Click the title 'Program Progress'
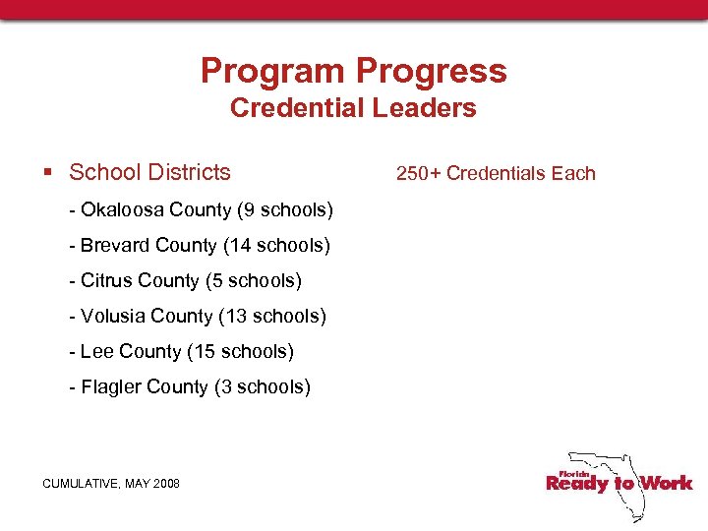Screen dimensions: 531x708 click(x=353, y=71)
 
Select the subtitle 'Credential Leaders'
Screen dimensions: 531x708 click(x=353, y=108)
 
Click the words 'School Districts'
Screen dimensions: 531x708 click(x=149, y=172)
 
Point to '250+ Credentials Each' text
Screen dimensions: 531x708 click(x=496, y=173)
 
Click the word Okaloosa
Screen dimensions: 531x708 click(x=122, y=210)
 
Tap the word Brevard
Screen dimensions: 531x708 click(x=115, y=246)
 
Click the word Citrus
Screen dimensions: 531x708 click(x=107, y=281)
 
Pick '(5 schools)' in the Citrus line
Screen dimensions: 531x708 click(x=253, y=281)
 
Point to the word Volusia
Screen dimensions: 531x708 click(x=113, y=317)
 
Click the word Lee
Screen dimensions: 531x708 click(x=96, y=352)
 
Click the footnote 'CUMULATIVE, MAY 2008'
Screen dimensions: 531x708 click(x=111, y=483)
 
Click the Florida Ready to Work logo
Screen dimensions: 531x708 click(x=619, y=482)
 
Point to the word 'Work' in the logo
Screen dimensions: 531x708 click(x=666, y=483)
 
